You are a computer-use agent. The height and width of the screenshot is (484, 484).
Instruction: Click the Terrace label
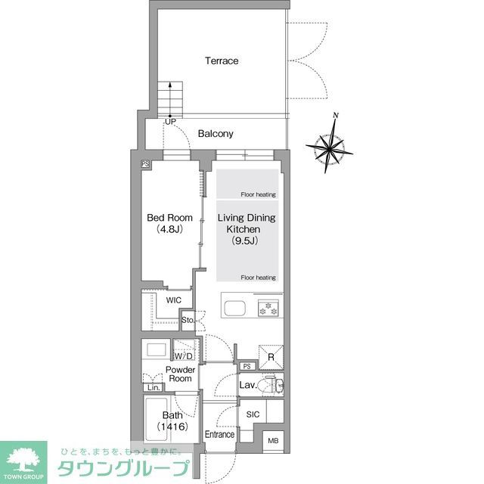[x=221, y=60]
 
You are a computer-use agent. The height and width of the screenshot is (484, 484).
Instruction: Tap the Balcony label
[x=216, y=134]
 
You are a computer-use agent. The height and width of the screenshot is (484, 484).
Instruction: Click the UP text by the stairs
[x=170, y=122]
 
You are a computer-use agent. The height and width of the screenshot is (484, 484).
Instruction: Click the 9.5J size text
[x=245, y=240]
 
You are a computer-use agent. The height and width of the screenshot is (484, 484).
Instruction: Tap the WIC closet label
[x=173, y=300]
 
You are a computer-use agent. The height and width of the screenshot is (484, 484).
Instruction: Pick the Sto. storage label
[x=188, y=320]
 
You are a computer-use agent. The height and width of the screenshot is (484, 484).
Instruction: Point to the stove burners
[x=268, y=309]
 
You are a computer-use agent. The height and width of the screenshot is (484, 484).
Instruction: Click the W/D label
[x=184, y=355]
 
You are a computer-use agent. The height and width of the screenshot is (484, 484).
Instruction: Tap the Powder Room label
[x=181, y=374]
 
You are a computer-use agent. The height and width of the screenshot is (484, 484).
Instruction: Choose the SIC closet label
[x=253, y=414]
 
